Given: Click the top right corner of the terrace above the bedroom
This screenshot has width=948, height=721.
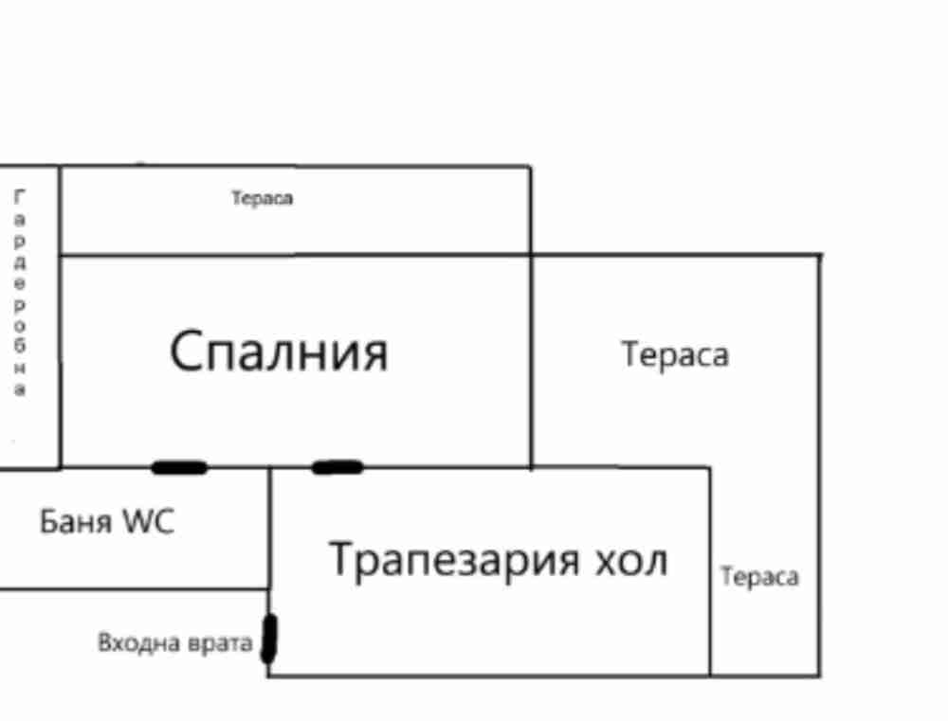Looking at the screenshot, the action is tap(531, 166).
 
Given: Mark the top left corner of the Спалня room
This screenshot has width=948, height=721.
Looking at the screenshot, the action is tap(61, 256).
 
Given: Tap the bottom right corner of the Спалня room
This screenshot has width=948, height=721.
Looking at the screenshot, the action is tap(531, 467).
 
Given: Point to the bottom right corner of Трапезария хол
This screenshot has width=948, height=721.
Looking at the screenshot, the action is tap(710, 676).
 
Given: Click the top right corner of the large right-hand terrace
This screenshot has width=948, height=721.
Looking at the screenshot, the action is tap(820, 255).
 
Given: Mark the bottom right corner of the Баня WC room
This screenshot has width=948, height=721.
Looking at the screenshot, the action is tap(269, 588).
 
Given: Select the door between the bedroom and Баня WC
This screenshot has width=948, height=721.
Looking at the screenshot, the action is tap(179, 467).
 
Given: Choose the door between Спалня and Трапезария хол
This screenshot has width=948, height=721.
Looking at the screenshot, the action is tap(337, 467).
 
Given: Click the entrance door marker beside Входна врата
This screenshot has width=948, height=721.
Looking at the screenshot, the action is tap(269, 639).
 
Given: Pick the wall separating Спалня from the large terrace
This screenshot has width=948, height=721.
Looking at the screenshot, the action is tap(531, 361).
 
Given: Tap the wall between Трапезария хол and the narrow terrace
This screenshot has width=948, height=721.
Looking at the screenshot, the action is tap(710, 571).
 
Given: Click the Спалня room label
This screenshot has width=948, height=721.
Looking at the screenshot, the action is tap(279, 351).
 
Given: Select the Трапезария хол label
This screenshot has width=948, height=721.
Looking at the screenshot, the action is tap(499, 560).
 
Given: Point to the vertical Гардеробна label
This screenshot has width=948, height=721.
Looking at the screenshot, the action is tap(20, 292).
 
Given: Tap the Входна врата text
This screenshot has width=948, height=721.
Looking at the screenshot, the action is tap(174, 642).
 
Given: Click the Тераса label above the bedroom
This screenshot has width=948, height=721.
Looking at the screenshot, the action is tap(263, 198).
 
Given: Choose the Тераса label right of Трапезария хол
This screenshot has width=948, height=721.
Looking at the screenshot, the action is tap(759, 577).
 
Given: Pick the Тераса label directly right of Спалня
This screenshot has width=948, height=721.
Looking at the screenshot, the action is tap(675, 354).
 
